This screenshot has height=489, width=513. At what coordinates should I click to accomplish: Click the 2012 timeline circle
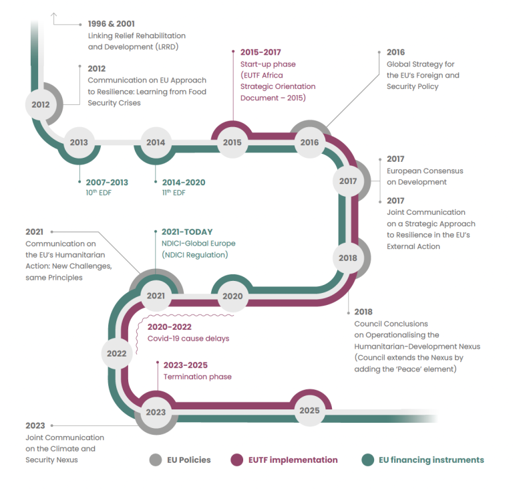point(41,104)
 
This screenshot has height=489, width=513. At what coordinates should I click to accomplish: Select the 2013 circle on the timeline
point(79,142)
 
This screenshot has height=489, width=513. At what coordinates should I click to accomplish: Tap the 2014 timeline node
point(156,142)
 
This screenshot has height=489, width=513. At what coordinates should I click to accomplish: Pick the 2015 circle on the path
point(232,142)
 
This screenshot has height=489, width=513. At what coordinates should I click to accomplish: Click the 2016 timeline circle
point(309,142)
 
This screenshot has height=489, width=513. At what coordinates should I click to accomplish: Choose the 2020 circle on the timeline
point(232,296)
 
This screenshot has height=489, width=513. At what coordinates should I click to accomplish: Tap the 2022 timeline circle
point(117,353)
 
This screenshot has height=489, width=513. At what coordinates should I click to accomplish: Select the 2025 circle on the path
point(309,410)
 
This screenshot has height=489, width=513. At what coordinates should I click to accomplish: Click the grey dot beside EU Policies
point(156,460)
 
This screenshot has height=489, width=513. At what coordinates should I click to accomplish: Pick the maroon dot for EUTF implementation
point(236,460)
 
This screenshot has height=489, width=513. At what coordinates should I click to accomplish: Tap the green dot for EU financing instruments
point(367,460)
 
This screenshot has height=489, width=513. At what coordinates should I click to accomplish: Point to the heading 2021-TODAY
point(187,232)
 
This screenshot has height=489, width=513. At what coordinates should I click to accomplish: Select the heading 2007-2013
point(107,182)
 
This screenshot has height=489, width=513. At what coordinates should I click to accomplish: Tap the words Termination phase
point(198,377)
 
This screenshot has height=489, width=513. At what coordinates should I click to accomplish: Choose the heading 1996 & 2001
point(111,23)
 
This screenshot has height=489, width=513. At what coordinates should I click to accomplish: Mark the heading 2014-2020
point(184,182)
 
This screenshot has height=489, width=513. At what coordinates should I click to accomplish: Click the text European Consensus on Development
point(425,176)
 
